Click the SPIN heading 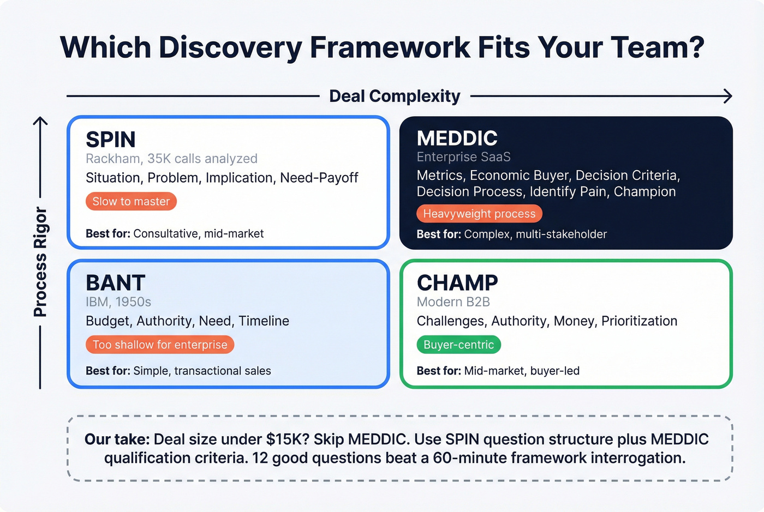point(111,140)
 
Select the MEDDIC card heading point(457,138)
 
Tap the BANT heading point(116,283)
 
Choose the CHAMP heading point(457,283)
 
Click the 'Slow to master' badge point(131,202)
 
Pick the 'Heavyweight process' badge point(479,214)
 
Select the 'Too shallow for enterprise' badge point(160,345)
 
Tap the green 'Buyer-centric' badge point(458,345)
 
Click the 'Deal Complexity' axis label point(395,97)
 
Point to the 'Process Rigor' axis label point(40,262)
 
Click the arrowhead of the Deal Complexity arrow point(728,97)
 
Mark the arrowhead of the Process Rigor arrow point(40,121)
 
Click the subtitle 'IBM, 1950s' point(118,302)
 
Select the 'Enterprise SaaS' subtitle point(463,157)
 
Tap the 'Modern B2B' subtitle point(453,302)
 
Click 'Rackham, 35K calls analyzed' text point(171,159)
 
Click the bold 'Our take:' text point(117,439)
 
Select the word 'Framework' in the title point(390,47)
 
